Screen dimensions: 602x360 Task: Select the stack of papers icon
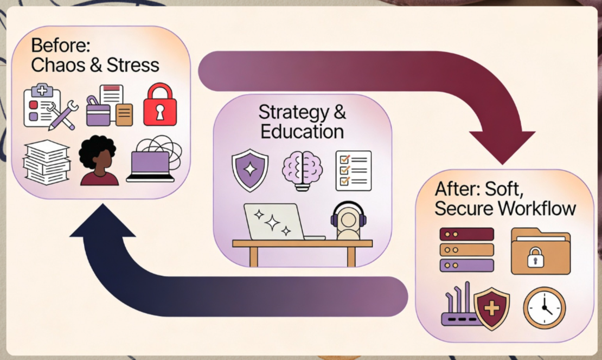coord(46,161)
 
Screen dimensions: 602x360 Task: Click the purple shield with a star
coord(249,169)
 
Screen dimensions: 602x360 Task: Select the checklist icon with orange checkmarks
coord(353,170)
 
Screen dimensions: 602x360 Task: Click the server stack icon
coord(467,249)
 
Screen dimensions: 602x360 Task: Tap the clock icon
coord(544,308)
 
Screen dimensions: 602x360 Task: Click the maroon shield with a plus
coord(491,308)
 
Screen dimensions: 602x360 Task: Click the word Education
coord(302,131)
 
